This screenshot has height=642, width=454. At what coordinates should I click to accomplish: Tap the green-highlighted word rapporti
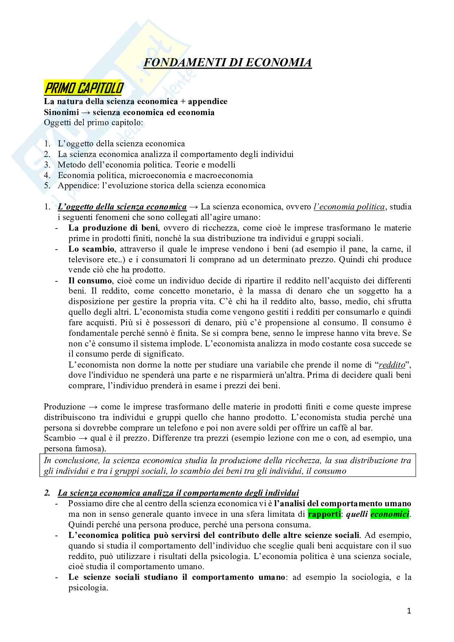324,514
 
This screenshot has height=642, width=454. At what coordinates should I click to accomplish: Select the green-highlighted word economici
390,514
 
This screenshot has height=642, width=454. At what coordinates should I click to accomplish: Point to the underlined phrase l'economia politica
349,207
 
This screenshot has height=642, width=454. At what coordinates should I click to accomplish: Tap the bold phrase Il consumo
90,281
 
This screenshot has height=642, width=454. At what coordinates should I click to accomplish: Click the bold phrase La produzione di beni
113,228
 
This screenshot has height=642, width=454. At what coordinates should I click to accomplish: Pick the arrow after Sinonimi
85,112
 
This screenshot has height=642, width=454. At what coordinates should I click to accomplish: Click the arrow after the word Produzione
93,407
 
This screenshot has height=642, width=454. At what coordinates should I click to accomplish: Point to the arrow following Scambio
83,438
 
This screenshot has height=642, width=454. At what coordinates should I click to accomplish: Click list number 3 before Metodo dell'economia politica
48,165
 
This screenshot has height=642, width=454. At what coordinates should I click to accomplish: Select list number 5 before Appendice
48,186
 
